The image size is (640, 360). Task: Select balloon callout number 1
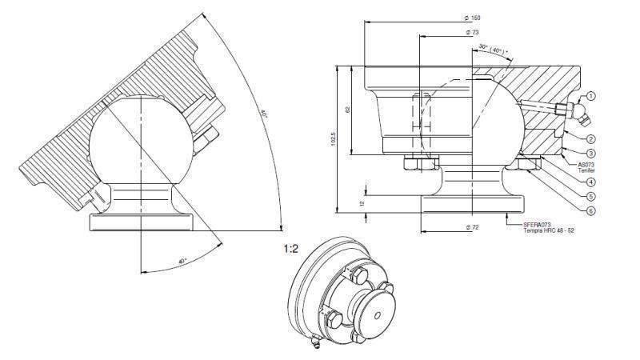(x=590, y=95)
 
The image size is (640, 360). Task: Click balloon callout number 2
(x=590, y=138)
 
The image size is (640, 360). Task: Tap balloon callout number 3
(x=590, y=153)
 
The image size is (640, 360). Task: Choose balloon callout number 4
(x=590, y=182)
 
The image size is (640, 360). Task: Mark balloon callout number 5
(x=590, y=196)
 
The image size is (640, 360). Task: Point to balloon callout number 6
(x=590, y=210)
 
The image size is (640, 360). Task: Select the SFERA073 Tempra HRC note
(x=548, y=227)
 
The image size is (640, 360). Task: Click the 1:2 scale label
(x=292, y=249)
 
